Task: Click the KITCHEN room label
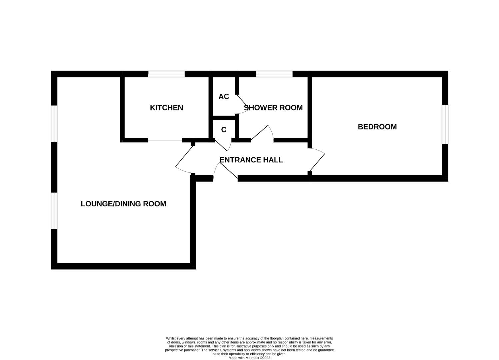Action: pyautogui.click(x=166, y=108)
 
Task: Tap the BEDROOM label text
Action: pyautogui.click(x=377, y=127)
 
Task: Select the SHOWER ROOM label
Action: pyautogui.click(x=273, y=108)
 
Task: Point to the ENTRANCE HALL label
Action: pyautogui.click(x=251, y=160)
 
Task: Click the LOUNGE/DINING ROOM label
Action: pyautogui.click(x=123, y=204)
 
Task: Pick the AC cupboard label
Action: pyautogui.click(x=224, y=97)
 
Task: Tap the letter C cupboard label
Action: pyautogui.click(x=224, y=130)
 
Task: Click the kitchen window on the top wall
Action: pyautogui.click(x=166, y=74)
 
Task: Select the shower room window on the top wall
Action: pyautogui.click(x=274, y=74)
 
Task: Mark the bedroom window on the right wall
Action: pyautogui.click(x=445, y=124)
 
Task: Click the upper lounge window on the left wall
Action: pyautogui.click(x=54, y=124)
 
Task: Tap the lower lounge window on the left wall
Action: pyautogui.click(x=54, y=211)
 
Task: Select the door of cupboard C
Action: pyautogui.click(x=223, y=146)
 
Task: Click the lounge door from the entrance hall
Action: pyautogui.click(x=184, y=159)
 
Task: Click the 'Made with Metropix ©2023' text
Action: pyautogui.click(x=249, y=358)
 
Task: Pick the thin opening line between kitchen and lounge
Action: pyautogui.click(x=165, y=140)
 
